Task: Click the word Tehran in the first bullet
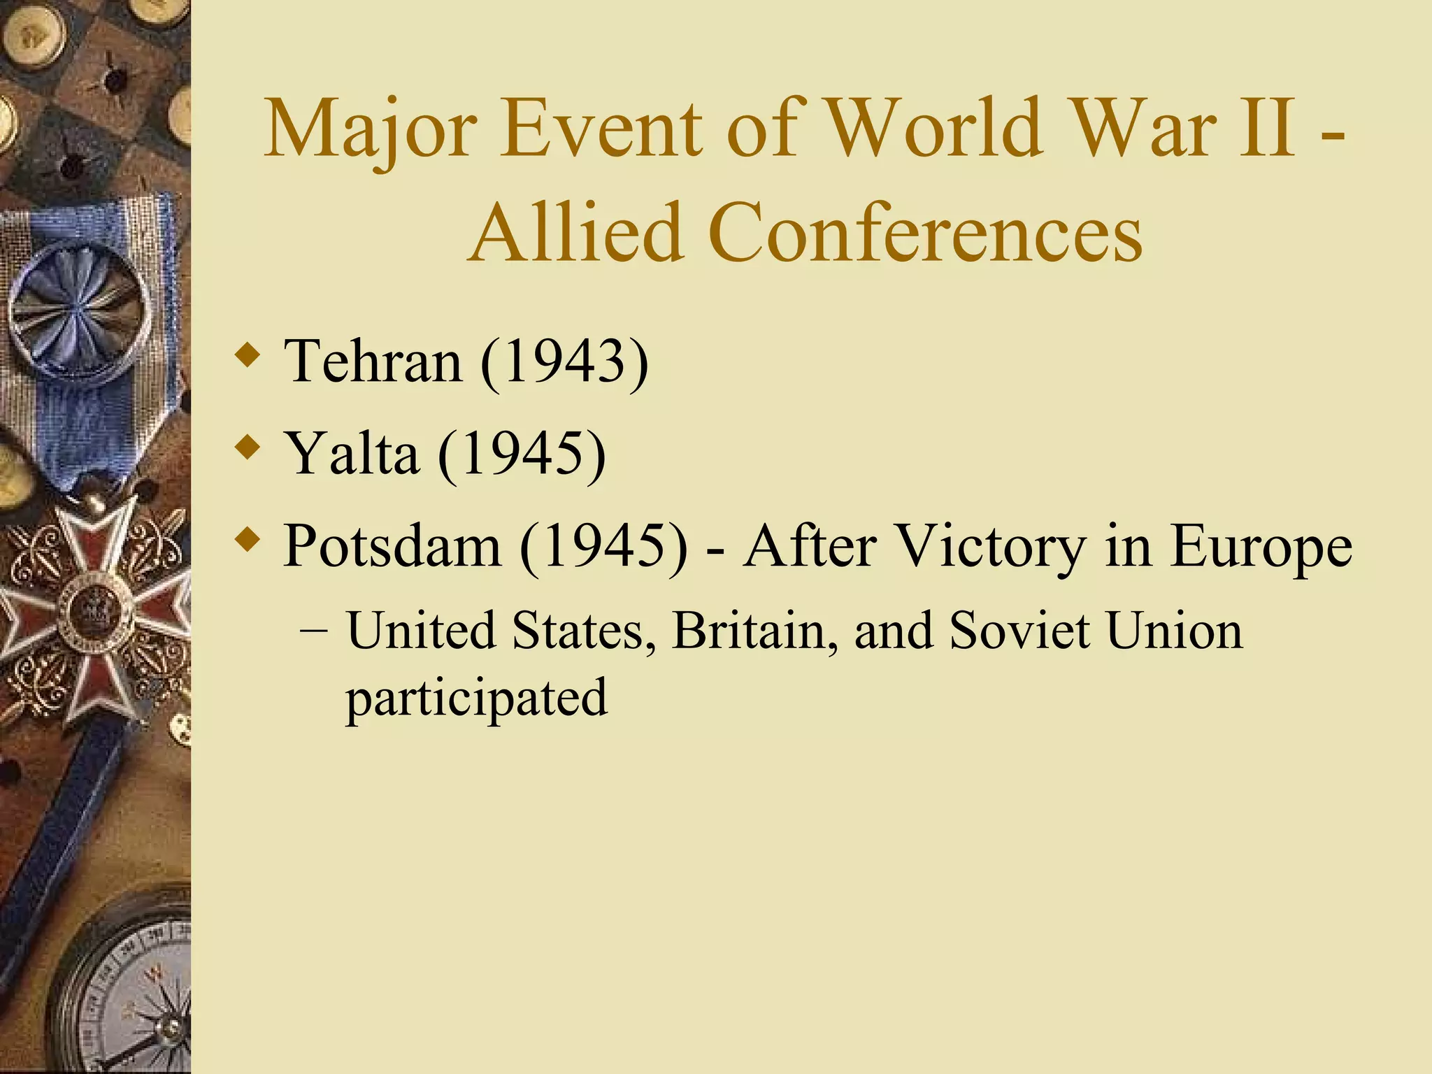coord(373,361)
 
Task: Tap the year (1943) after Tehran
coord(564,361)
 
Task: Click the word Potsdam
coord(392,546)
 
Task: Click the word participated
coord(477,698)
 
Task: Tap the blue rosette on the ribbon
coord(77,308)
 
